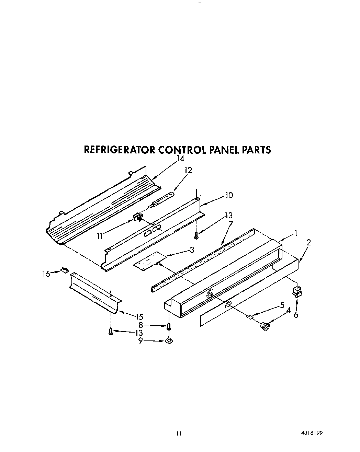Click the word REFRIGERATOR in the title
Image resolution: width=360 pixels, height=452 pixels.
120,150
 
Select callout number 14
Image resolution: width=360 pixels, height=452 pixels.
180,159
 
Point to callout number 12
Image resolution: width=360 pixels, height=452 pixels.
188,170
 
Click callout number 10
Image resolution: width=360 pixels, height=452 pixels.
229,195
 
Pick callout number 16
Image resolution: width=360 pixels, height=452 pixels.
46,274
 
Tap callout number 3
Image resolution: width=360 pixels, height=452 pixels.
192,250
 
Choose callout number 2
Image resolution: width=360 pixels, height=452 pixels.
308,242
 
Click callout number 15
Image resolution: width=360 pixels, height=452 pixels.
139,316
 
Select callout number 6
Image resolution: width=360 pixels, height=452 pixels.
296,315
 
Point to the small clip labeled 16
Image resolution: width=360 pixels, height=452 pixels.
65,269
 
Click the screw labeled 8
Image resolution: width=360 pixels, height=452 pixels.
169,326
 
